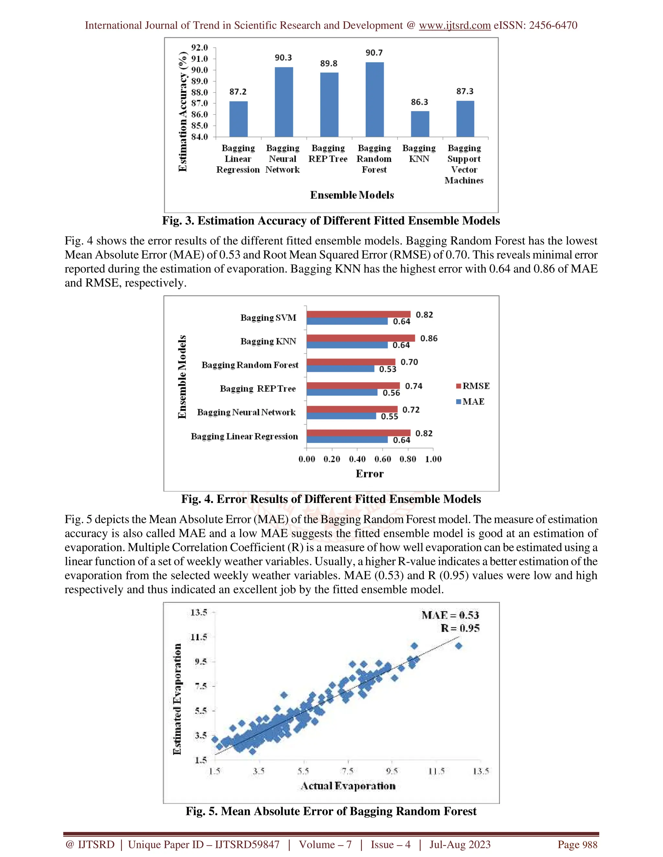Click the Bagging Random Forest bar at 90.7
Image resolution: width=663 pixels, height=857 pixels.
coord(374,100)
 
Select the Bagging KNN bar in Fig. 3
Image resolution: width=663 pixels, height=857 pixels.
coord(420,124)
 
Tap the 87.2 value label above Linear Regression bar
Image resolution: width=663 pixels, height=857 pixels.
coord(238,92)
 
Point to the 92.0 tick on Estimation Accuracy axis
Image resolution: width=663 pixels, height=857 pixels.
coord(199,48)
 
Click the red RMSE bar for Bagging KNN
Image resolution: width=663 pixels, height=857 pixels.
coord(360,338)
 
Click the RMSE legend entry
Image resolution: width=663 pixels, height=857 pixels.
coord(473,386)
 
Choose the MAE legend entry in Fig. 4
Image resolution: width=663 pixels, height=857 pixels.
coord(470,401)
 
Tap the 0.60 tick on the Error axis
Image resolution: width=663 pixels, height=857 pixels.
coord(383,459)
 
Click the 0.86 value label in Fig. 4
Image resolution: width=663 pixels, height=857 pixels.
coord(429,338)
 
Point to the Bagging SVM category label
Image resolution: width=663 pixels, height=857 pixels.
coord(268,318)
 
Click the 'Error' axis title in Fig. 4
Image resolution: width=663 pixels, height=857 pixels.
coord(369,474)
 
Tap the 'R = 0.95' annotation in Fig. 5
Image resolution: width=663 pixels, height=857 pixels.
coord(460,628)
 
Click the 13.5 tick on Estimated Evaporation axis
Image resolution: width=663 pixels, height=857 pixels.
coord(199,613)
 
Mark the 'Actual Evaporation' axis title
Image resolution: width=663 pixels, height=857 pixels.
coord(348,786)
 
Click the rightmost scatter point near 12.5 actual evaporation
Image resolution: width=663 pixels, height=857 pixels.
coord(458,646)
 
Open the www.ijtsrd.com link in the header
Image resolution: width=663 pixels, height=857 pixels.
coord(455,26)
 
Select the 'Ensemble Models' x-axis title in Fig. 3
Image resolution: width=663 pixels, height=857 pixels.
coord(352,195)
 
